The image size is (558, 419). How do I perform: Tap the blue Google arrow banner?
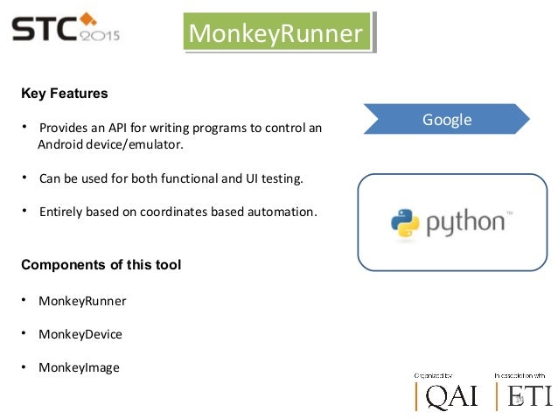pyautogui.click(x=447, y=120)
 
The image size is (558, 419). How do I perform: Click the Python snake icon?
pyautogui.click(x=406, y=223)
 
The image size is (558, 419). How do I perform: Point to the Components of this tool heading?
pyautogui.click(x=101, y=264)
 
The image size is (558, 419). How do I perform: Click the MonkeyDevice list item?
pyautogui.click(x=80, y=334)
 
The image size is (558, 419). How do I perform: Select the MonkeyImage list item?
pyautogui.click(x=79, y=367)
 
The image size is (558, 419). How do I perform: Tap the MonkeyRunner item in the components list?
pyautogui.click(x=82, y=301)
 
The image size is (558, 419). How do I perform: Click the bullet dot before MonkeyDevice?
pyautogui.click(x=26, y=333)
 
